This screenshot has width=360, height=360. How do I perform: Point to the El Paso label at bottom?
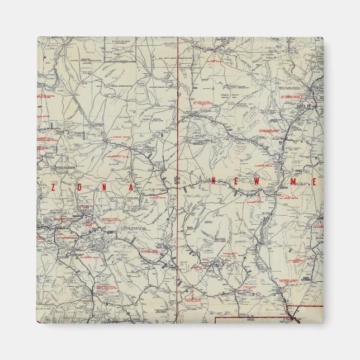[288, 320]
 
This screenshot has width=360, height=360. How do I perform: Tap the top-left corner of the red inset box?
[217, 318]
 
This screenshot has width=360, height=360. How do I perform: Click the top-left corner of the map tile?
[37, 37]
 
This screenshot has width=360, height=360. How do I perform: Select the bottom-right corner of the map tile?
[323, 323]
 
